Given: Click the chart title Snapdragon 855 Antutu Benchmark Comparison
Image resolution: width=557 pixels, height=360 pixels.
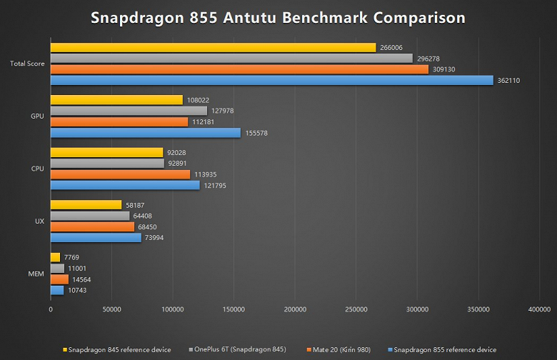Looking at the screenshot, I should [278, 17].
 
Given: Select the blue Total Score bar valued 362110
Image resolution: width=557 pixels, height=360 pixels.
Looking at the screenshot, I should [271, 81].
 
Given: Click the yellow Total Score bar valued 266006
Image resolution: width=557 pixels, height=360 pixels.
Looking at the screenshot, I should [213, 48].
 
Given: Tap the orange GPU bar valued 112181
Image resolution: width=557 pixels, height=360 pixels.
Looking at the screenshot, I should [119, 122].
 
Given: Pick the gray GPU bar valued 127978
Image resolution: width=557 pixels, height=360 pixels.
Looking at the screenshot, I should [129, 111].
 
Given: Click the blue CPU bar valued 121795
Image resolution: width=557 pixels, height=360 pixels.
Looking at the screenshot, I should [125, 186].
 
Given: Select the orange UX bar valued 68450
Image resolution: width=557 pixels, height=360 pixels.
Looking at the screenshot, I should [92, 227].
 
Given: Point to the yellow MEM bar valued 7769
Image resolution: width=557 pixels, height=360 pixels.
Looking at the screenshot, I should [55, 257].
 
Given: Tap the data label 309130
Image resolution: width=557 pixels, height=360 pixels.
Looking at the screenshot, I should [444, 69].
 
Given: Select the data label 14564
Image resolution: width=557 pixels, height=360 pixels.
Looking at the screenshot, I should [82, 279].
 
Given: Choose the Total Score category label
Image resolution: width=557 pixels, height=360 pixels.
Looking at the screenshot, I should [27, 64].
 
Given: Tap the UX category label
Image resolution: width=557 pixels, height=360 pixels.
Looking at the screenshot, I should [40, 221].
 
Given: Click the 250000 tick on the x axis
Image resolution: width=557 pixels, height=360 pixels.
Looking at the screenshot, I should [356, 309].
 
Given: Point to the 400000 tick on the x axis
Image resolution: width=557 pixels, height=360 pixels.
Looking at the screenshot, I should [539, 309].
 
